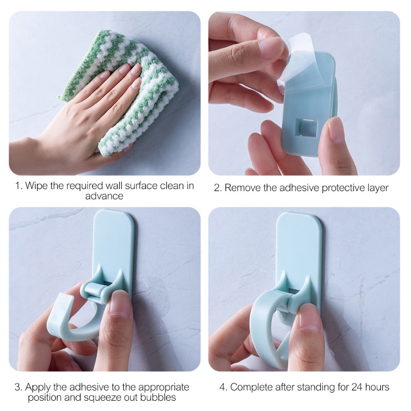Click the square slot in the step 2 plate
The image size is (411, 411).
tap(306, 128)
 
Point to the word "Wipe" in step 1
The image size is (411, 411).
tap(36, 185)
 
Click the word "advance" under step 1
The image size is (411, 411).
tap(104, 196)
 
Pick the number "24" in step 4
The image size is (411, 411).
tap(357, 387)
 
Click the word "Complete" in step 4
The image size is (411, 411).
tap(251, 387)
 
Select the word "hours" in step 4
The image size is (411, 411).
tap(377, 387)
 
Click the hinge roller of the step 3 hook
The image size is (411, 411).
tap(94, 290)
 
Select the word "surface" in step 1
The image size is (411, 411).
tap(141, 185)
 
